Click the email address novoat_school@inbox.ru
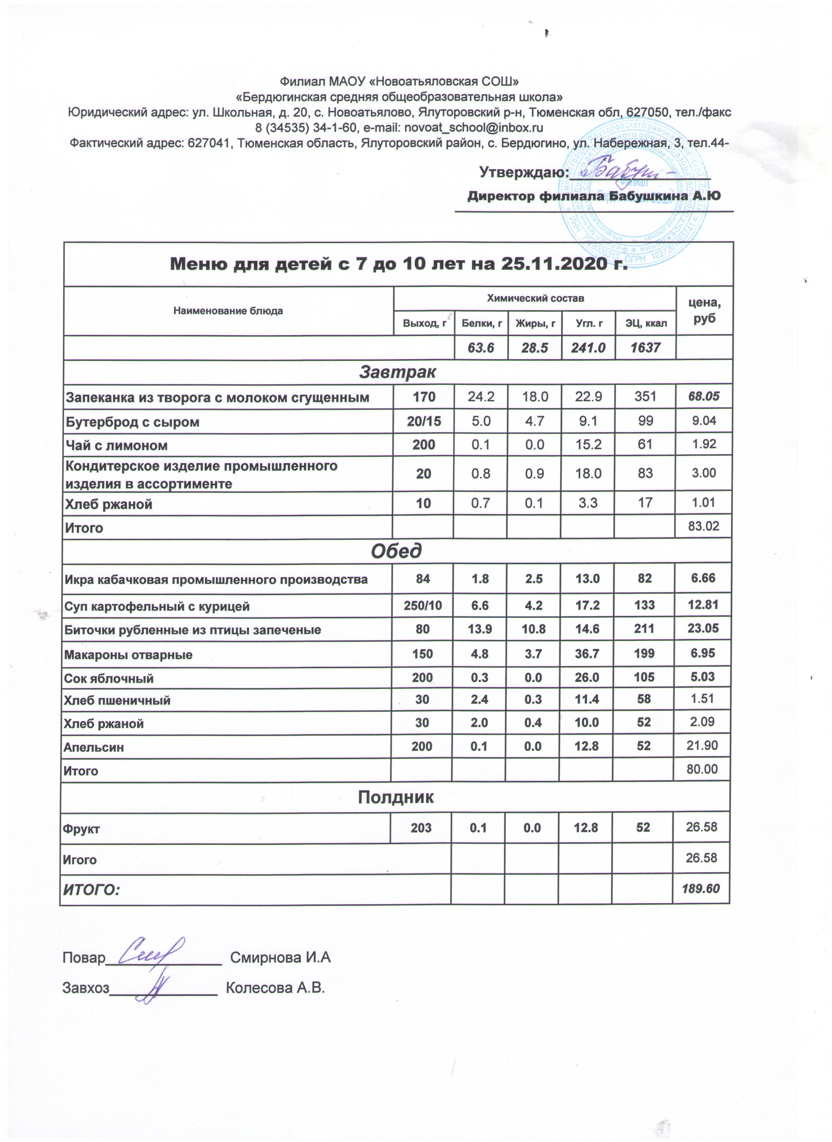473,128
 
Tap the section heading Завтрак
397,372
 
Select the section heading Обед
396,551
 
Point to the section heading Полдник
395,797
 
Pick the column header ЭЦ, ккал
646,323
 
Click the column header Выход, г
424,323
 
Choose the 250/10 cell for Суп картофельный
423,605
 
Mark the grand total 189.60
701,889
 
